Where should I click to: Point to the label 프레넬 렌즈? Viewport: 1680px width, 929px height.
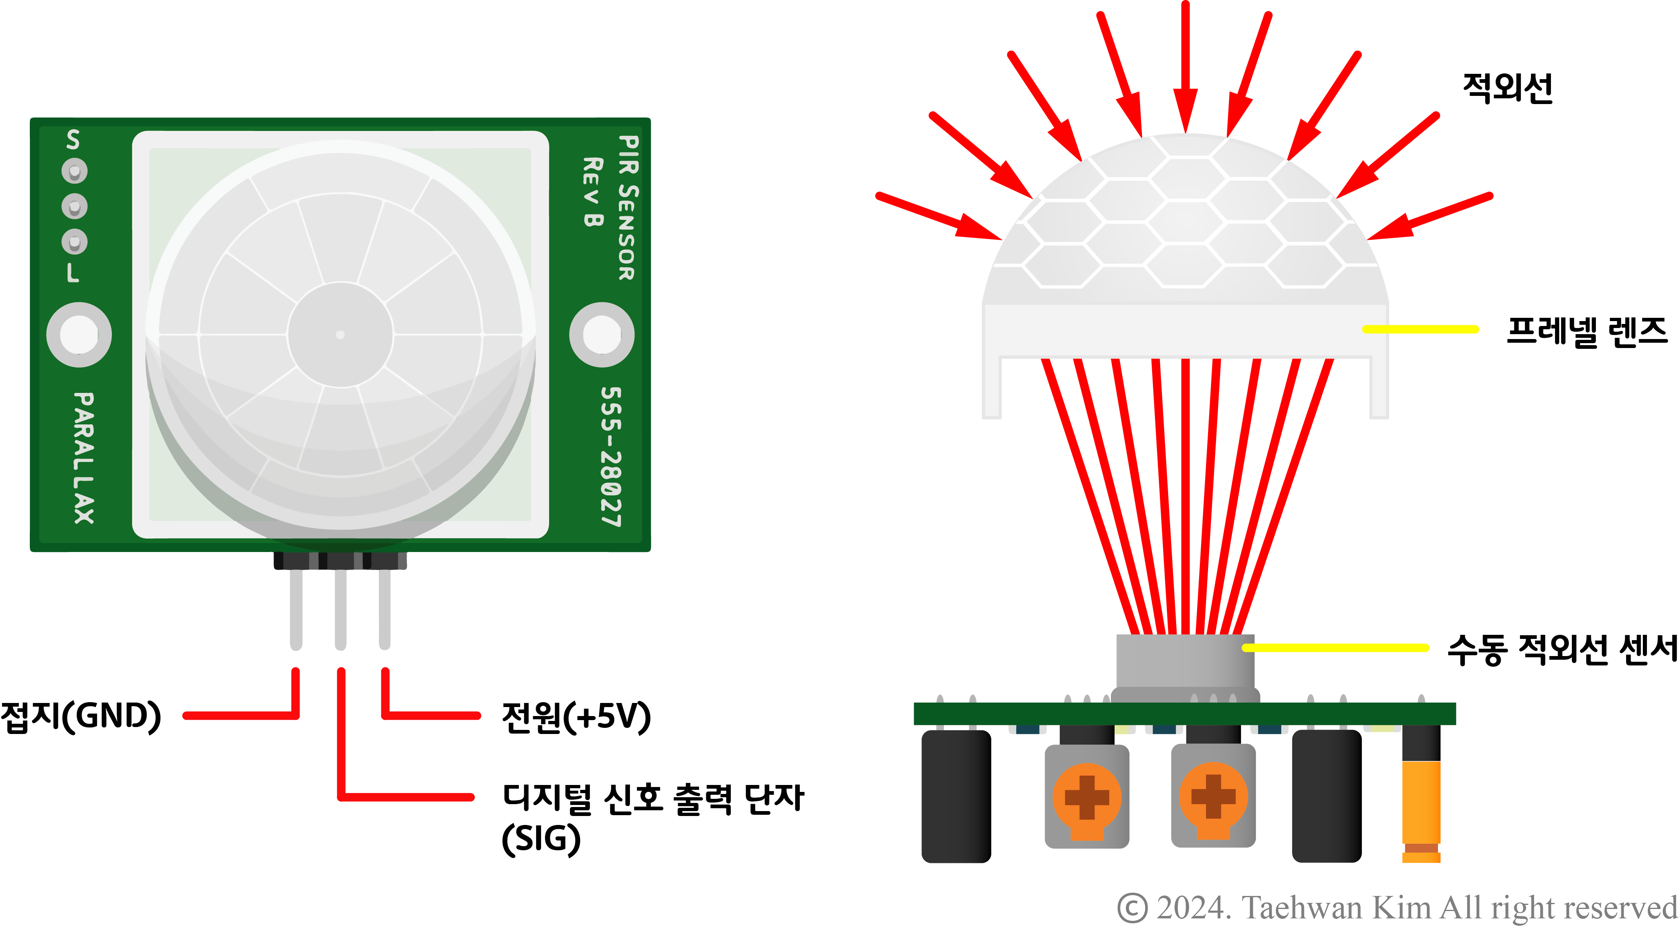tap(1586, 331)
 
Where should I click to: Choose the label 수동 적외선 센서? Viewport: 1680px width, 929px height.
tap(1561, 650)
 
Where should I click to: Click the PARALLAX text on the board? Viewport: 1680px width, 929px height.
tap(83, 458)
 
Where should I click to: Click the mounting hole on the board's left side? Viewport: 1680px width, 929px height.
tap(79, 335)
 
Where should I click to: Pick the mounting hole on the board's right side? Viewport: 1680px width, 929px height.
tap(601, 335)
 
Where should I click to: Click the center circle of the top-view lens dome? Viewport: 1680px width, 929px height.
tap(340, 335)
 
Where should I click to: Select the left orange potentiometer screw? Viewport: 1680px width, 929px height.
tap(1086, 797)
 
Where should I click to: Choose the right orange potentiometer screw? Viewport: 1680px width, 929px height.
tap(1213, 797)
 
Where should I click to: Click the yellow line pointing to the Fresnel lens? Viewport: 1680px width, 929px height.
tap(1420, 329)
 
